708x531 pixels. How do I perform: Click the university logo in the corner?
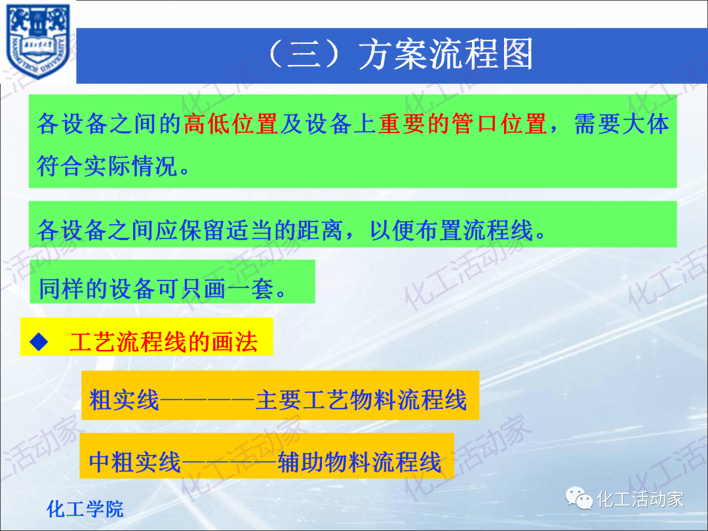pos(37,41)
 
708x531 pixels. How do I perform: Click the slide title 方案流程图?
pos(446,55)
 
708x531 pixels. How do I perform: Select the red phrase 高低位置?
pos(231,123)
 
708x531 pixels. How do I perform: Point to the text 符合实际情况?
pos(108,165)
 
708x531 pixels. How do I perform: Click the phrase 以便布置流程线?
pos(452,230)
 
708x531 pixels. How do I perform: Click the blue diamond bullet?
pos(40,340)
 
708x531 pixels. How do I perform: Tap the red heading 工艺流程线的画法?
pos(163,342)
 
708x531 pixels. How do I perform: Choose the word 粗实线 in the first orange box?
pos(125,400)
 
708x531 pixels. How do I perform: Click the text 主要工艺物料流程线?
pos(361,400)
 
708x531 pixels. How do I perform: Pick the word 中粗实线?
pos(135,462)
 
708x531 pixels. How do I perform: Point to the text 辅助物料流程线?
pos(359,462)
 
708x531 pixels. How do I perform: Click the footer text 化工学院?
pos(85,509)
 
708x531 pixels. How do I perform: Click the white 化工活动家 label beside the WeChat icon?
pos(640,499)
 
